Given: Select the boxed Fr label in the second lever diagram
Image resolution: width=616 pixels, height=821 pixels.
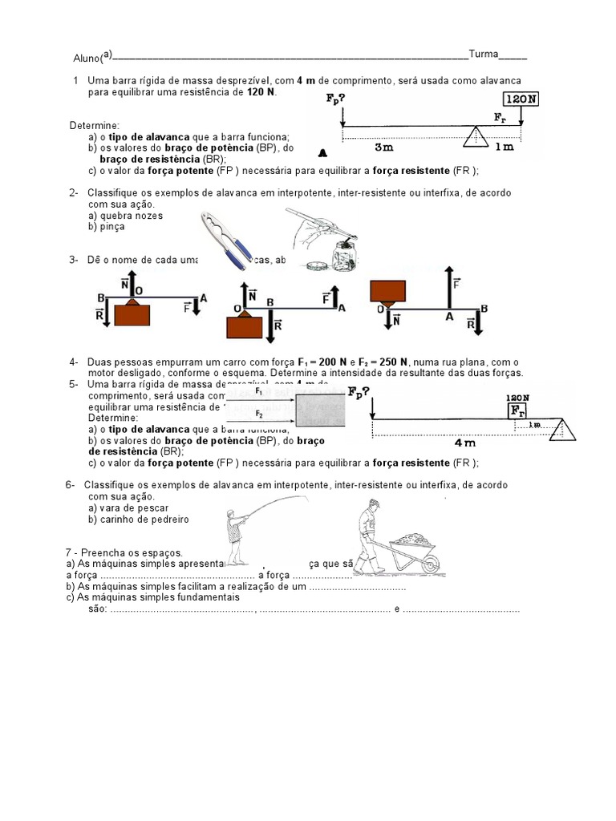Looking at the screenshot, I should (517, 410).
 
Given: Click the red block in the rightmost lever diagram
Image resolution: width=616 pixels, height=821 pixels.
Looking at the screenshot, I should (387, 289).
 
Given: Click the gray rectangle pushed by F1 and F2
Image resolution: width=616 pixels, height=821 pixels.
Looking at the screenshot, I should (321, 411).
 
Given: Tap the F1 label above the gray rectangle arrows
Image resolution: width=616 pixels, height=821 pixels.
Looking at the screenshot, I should (258, 393).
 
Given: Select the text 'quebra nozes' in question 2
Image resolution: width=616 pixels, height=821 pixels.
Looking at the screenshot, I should (126, 216).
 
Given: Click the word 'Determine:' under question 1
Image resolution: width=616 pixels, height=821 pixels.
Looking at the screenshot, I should (95, 126).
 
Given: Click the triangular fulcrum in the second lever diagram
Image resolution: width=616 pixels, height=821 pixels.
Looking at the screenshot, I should (563, 430).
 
